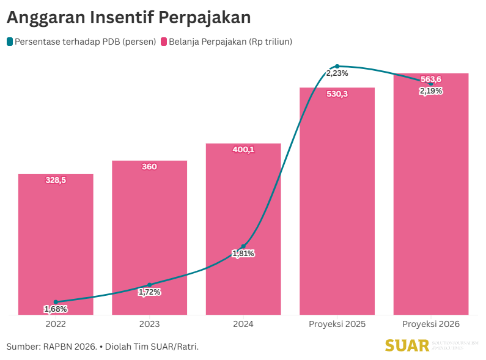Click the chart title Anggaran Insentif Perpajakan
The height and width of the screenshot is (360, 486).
pyautogui.click(x=128, y=18)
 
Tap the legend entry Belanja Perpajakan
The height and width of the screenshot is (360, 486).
pyautogui.click(x=226, y=42)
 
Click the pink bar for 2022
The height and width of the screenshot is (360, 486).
pyautogui.click(x=56, y=244)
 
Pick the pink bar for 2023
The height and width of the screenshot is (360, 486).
pyautogui.click(x=149, y=232)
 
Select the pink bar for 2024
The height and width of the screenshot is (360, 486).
pyautogui.click(x=243, y=202)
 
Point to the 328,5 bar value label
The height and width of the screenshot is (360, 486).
pyautogui.click(x=56, y=180)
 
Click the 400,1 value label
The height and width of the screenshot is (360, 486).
pyautogui.click(x=243, y=150)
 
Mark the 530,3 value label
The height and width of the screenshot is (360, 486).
pyautogui.click(x=337, y=94)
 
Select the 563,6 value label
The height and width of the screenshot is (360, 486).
pyautogui.click(x=431, y=79)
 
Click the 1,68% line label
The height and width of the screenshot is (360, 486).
pyautogui.click(x=56, y=309)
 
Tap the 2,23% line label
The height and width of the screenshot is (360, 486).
pyautogui.click(x=337, y=73)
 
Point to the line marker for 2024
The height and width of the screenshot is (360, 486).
pyautogui.click(x=243, y=246)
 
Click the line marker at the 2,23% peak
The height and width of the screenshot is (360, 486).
pyautogui.click(x=337, y=66)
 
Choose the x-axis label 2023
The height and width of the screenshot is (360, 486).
pyautogui.click(x=149, y=324)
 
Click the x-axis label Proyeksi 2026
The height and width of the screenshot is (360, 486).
pyautogui.click(x=431, y=324)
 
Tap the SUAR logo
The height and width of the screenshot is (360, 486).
pyautogui.click(x=407, y=346)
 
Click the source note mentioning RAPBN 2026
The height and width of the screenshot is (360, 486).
pyautogui.click(x=103, y=347)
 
